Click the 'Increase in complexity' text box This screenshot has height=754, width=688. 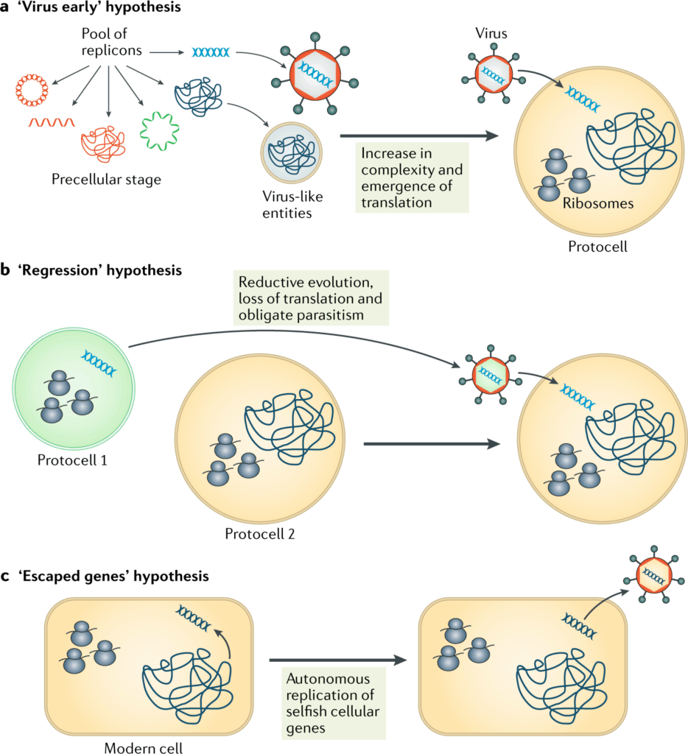tap(412, 177)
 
